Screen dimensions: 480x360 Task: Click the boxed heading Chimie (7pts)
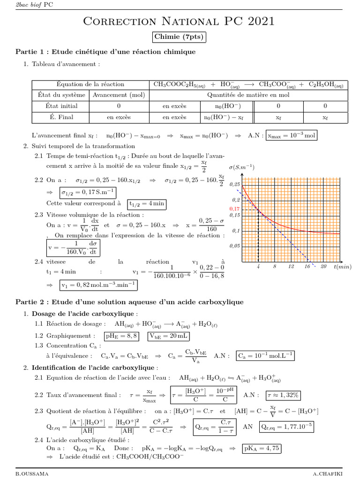(x=180, y=37)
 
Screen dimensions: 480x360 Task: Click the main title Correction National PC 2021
(x=180, y=21)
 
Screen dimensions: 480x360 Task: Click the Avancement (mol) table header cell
(x=119, y=95)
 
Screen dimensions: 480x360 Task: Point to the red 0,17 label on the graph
(x=234, y=208)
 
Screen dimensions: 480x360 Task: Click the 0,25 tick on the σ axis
(x=234, y=185)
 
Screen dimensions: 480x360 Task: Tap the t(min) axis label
(x=343, y=266)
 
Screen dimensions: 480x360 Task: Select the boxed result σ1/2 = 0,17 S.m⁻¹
(x=87, y=193)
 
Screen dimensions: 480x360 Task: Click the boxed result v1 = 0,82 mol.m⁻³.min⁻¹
(x=99, y=285)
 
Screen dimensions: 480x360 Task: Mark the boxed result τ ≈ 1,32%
(x=283, y=395)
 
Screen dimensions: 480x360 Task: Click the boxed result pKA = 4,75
(x=262, y=448)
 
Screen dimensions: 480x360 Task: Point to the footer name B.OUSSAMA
(x=31, y=474)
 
